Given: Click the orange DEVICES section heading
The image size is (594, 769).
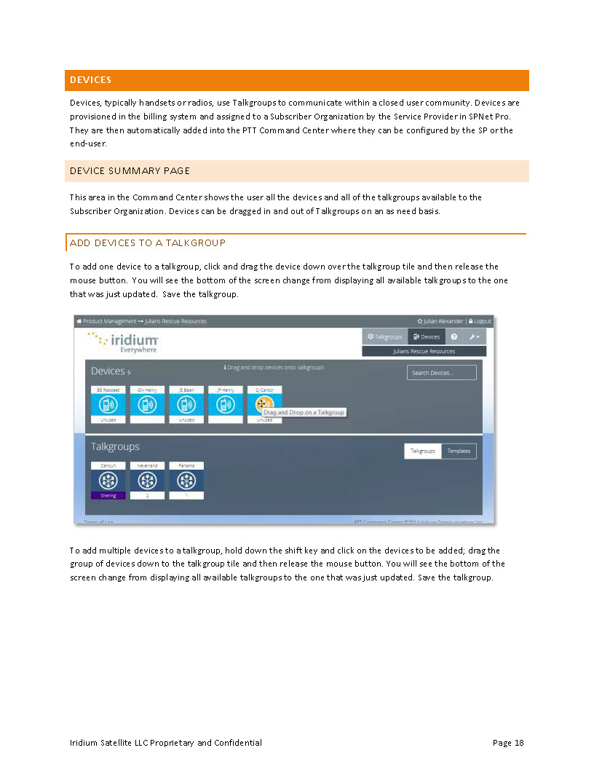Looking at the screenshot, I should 91,80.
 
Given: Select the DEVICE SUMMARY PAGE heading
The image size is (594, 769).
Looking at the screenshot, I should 130,171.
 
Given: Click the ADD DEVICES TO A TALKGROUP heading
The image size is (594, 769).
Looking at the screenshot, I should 148,243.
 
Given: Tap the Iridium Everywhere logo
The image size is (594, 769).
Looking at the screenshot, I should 123,342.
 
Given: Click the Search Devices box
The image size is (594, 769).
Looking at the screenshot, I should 441,373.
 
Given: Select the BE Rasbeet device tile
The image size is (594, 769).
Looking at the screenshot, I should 108,405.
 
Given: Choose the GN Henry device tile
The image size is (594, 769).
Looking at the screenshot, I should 147,405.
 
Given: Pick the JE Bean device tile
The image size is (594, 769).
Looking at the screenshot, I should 186,405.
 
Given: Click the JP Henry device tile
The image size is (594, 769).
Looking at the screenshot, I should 226,405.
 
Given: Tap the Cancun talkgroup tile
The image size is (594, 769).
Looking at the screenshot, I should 108,480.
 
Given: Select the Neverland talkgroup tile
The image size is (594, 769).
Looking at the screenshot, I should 147,480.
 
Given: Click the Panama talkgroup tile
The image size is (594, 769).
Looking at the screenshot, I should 186,480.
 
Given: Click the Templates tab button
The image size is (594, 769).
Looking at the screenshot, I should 459,451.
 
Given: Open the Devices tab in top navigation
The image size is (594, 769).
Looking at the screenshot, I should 427,336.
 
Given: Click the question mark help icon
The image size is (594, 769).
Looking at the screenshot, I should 454,336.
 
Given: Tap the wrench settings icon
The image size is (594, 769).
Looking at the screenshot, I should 473,336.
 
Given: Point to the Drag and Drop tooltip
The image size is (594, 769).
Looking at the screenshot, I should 304,412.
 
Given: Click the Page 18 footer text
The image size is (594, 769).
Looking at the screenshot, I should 508,743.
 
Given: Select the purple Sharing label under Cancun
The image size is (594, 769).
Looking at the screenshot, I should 108,496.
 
